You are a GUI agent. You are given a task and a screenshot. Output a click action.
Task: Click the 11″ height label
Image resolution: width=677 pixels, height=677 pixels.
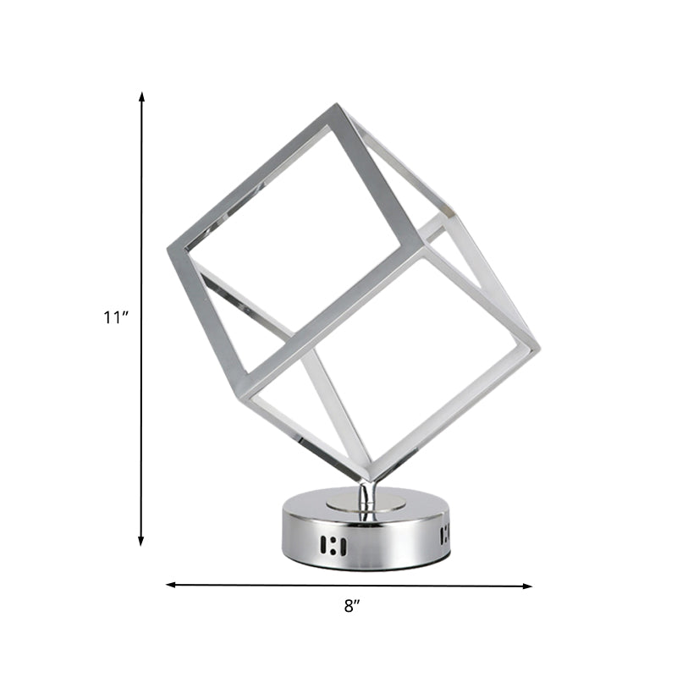point(114,317)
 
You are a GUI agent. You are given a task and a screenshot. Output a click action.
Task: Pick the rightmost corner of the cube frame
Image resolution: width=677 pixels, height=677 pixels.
point(537,346)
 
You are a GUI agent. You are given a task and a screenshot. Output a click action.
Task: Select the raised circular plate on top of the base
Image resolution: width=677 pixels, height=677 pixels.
point(366,504)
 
